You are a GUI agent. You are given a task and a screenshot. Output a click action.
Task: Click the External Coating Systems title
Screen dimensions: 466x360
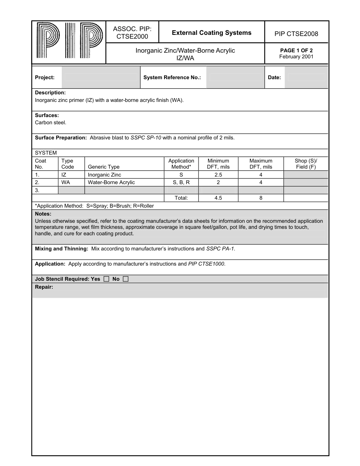tap(211, 33)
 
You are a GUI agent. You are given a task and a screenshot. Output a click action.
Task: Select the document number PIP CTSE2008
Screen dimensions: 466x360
tap(296, 34)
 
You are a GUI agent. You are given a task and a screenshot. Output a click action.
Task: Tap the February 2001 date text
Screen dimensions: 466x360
tap(296, 57)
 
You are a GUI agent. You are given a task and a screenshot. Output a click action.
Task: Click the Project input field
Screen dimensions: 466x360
tap(101, 77)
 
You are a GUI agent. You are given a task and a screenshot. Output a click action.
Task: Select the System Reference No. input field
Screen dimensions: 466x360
tap(235, 77)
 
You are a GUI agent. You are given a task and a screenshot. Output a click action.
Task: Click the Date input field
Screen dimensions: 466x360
tap(306, 77)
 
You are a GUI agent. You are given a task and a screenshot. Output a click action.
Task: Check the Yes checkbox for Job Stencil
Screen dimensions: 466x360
tap(106, 279)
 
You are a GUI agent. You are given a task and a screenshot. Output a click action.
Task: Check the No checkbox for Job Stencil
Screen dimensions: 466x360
tap(126, 279)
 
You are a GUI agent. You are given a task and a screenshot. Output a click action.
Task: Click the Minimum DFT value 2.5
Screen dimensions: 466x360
tap(218, 175)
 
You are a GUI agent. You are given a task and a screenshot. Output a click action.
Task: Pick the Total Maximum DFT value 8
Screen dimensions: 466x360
tap(261, 198)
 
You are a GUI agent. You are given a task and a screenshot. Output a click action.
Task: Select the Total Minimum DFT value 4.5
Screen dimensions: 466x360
tap(218, 198)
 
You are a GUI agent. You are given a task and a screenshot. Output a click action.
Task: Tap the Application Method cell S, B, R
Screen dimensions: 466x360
tap(181, 183)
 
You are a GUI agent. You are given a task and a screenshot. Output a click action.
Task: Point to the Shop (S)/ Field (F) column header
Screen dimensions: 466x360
tap(306, 164)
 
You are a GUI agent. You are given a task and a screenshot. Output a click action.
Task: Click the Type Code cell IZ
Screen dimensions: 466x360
tap(64, 175)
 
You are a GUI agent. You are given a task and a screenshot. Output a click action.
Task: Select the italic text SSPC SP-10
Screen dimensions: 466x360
tap(146, 138)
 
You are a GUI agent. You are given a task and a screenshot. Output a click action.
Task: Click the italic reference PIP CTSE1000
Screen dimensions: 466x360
tap(207, 264)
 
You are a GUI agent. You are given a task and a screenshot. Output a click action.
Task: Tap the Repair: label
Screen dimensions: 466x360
tap(44, 287)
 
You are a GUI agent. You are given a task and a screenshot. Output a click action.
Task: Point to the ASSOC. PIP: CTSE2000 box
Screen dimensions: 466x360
tap(132, 33)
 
